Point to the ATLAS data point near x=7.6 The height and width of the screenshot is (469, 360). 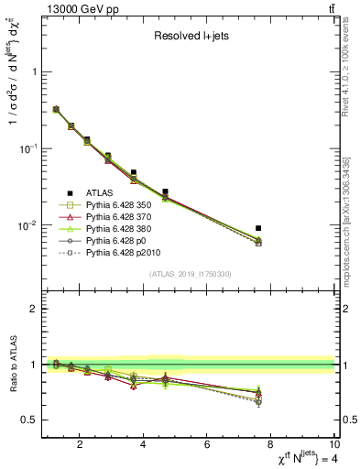[x=259, y=228]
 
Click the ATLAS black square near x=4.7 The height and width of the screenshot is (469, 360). [x=165, y=191]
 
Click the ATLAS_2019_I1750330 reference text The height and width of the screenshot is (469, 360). [x=190, y=274]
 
